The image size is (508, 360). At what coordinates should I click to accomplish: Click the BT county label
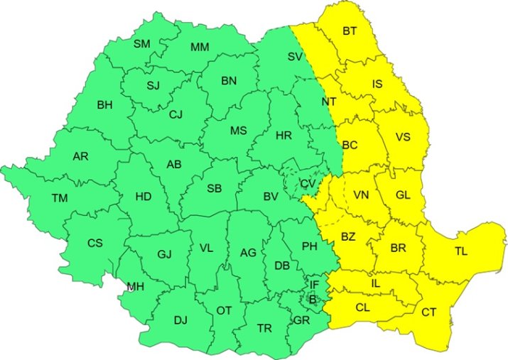coord(350,31)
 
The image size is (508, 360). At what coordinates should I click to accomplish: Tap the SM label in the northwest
coord(142,44)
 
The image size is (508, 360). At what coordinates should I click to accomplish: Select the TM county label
coord(59,197)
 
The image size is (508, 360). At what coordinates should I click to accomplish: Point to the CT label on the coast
coord(428,312)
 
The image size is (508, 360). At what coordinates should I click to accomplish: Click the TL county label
coord(461,251)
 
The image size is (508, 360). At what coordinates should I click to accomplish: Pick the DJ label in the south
coord(180,320)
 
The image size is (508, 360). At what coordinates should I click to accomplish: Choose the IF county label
coord(314,285)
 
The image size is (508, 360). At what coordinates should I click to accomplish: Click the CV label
coord(308,183)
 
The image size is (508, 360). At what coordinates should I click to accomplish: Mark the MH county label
coord(135,287)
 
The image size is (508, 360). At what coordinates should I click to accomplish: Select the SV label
coord(295,55)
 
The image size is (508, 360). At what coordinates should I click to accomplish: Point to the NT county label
coord(328,102)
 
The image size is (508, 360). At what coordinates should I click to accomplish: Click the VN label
coord(361,195)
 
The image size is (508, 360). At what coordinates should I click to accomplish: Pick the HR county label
coord(283,135)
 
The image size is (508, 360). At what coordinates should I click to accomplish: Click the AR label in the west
coord(80,156)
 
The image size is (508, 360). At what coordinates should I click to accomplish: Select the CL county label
coord(362,308)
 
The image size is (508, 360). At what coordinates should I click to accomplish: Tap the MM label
coord(200,48)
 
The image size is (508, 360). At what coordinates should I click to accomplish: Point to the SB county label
coord(214,188)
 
